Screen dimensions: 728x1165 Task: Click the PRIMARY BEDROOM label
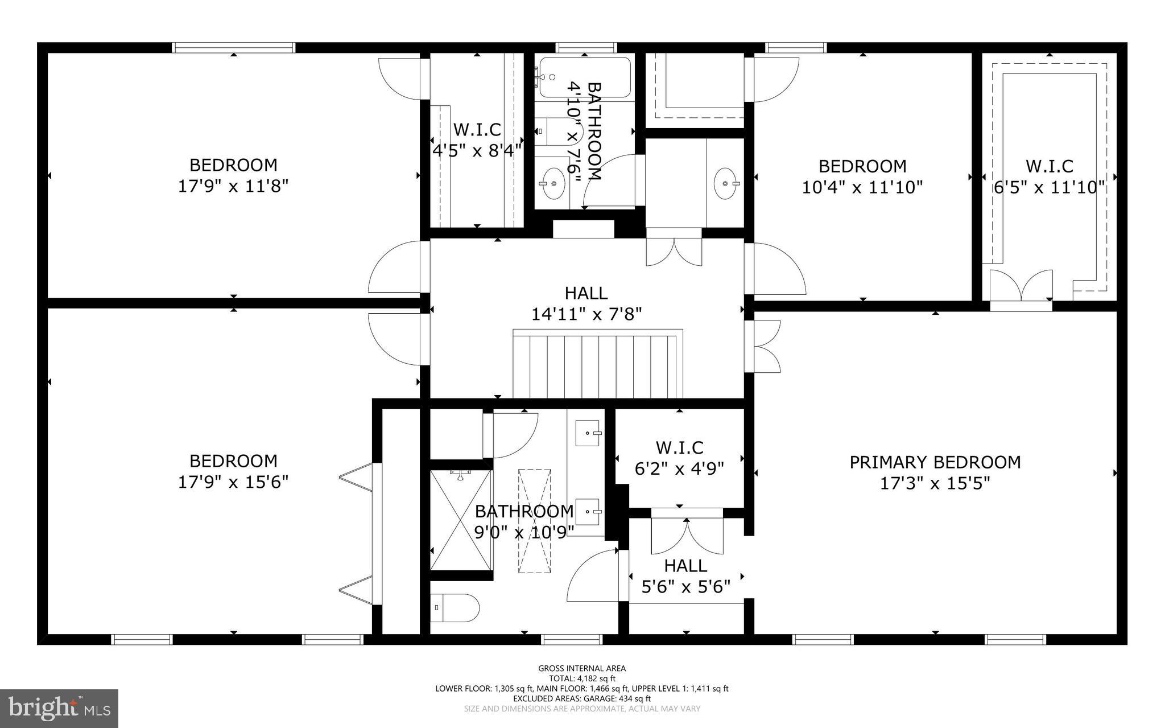pyautogui.click(x=935, y=462)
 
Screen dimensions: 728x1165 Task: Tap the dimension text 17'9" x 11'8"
pyautogui.click(x=233, y=186)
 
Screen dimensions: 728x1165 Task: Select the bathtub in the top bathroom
pyautogui.click(x=585, y=77)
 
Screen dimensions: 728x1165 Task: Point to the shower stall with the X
pyautogui.click(x=460, y=519)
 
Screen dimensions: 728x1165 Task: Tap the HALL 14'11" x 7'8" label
pyautogui.click(x=586, y=303)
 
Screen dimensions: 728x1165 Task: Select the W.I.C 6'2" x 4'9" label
pyautogui.click(x=679, y=458)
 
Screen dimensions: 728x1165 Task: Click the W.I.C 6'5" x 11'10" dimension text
pyautogui.click(x=1049, y=187)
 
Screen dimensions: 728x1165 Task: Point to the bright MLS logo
pyautogui.click(x=59, y=708)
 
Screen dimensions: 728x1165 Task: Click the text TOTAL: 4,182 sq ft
pyautogui.click(x=582, y=678)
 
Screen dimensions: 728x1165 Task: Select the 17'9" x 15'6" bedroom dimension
pyautogui.click(x=233, y=482)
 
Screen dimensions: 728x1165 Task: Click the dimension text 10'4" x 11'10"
pyautogui.click(x=862, y=187)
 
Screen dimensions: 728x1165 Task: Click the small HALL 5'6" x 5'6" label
pyautogui.click(x=685, y=575)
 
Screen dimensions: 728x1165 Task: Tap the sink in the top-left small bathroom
pyautogui.click(x=552, y=183)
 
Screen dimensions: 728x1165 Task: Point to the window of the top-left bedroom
pyautogui.click(x=233, y=48)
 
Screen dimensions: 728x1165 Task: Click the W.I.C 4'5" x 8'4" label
pyautogui.click(x=477, y=140)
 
